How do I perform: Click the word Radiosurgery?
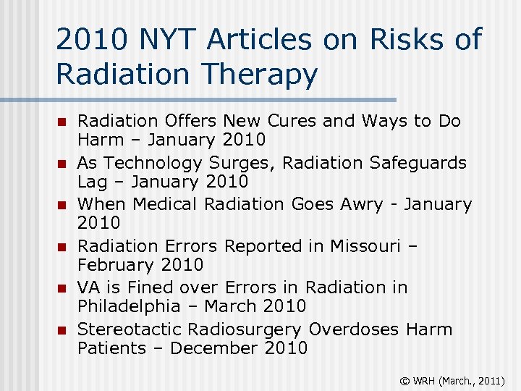245,329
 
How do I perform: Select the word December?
211,348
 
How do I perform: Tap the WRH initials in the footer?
423,379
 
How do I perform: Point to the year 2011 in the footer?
490,379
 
